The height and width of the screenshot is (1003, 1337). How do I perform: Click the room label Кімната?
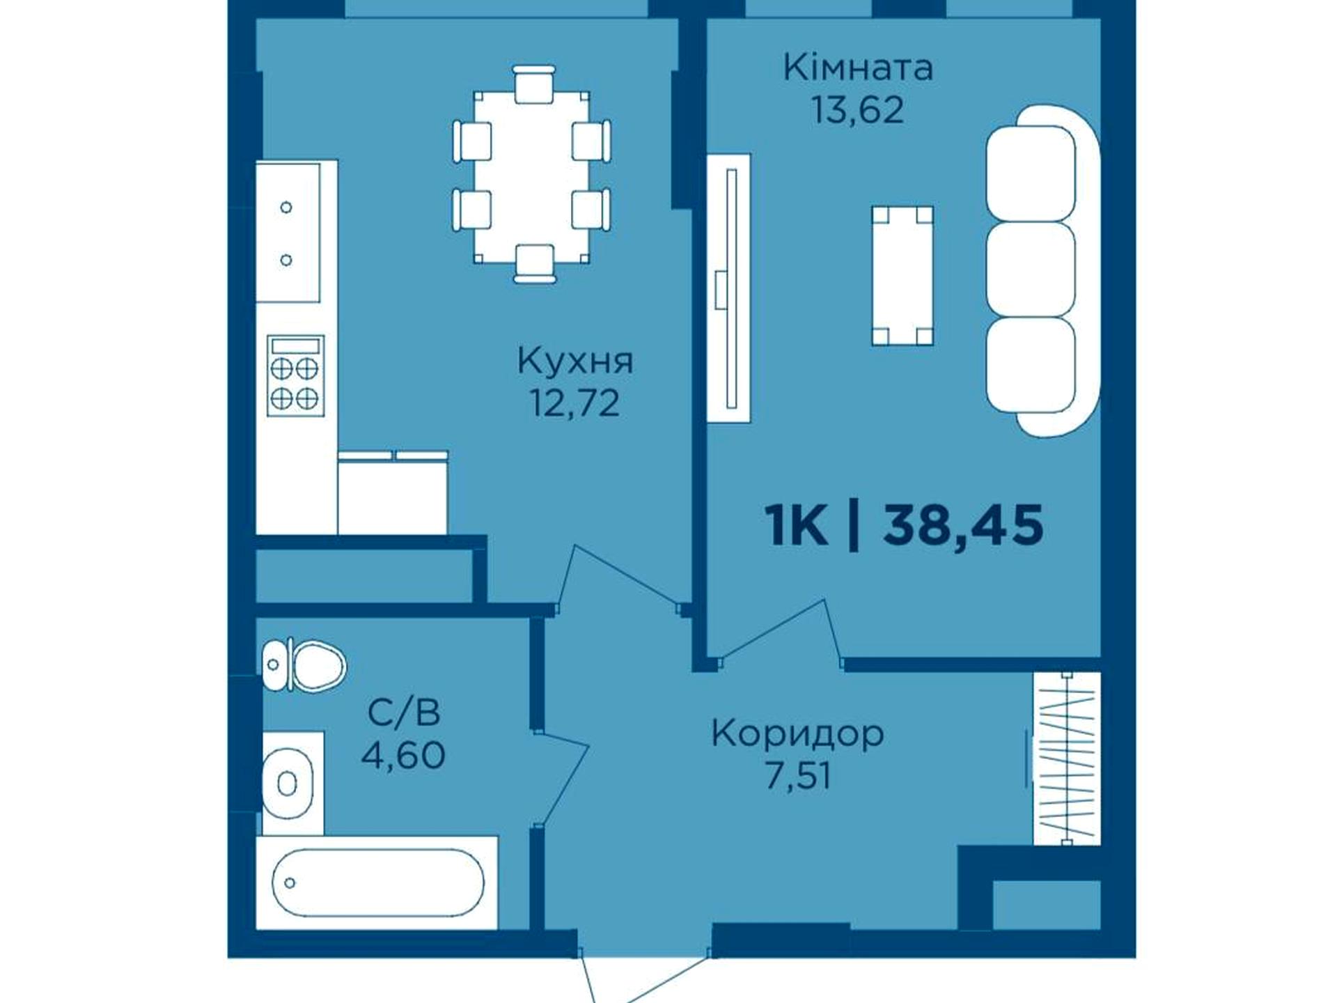(x=858, y=69)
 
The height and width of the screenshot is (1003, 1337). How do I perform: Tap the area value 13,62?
(x=858, y=109)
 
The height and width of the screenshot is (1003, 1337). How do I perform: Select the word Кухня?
(x=575, y=361)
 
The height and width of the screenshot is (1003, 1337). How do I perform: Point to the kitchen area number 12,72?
(x=575, y=402)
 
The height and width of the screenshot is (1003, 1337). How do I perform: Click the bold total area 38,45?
(x=964, y=524)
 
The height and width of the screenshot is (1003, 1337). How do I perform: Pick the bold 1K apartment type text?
(x=796, y=524)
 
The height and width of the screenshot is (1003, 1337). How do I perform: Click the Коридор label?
(x=797, y=734)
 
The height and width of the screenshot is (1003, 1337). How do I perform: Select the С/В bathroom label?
(x=404, y=713)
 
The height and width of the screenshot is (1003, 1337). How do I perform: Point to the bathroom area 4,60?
(x=404, y=754)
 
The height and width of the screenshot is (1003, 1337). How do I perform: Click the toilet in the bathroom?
(x=304, y=665)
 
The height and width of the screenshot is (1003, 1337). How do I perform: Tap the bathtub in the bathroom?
(x=377, y=883)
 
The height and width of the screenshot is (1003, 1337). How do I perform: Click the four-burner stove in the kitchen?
(x=296, y=375)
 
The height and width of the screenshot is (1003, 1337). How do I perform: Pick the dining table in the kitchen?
(x=532, y=177)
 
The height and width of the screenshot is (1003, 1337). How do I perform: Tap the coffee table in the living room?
(x=902, y=276)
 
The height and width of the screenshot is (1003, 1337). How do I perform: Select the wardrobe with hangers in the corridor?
(x=1066, y=759)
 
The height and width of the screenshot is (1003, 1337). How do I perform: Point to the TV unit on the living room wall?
(x=729, y=288)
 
